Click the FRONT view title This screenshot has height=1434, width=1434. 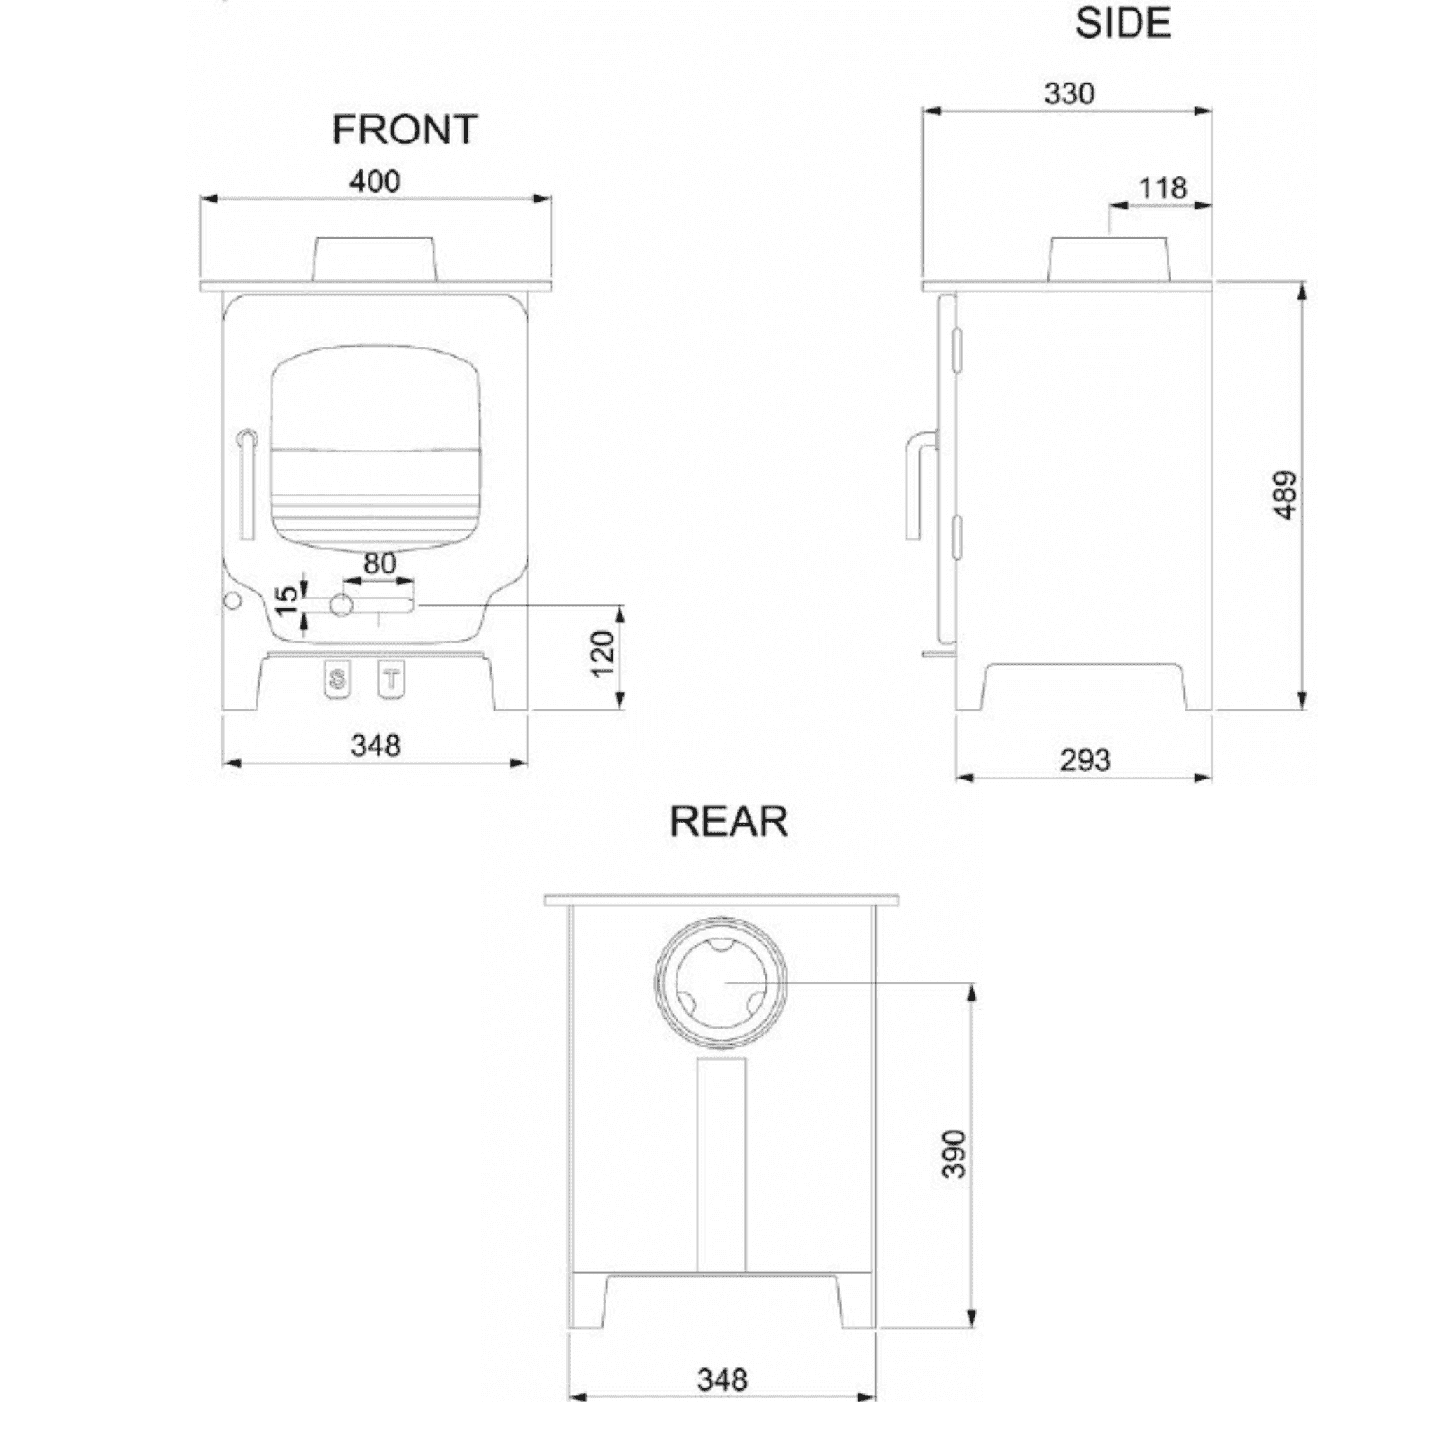(x=405, y=130)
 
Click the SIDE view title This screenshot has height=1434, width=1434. (x=1122, y=24)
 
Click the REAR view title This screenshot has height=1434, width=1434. (x=728, y=821)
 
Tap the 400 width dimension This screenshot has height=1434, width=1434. (x=375, y=181)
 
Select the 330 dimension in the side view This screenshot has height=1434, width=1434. (x=1068, y=94)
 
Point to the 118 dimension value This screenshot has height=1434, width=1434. (x=1162, y=188)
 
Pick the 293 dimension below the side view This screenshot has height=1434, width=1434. (x=1085, y=760)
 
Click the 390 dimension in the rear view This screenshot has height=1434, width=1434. (x=954, y=1154)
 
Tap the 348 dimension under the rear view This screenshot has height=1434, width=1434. (x=721, y=1380)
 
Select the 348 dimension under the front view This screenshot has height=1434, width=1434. (x=375, y=745)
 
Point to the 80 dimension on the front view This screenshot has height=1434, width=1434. (x=380, y=564)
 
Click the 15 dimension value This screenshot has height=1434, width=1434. (x=286, y=601)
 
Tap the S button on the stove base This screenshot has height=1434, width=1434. (x=337, y=678)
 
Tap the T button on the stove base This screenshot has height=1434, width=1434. (x=391, y=678)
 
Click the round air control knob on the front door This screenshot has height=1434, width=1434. (x=341, y=605)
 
